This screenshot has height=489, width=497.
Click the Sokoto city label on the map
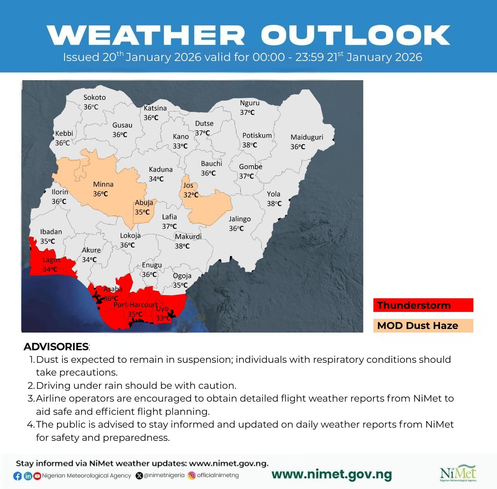tap(94, 97)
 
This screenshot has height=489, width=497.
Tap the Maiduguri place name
tap(307, 137)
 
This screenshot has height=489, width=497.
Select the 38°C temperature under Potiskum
tap(250, 145)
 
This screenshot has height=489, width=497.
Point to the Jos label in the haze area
tap(188, 185)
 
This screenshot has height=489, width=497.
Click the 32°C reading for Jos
tap(191, 195)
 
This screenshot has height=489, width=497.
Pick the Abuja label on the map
tap(144, 203)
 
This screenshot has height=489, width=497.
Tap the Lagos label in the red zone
tap(51, 260)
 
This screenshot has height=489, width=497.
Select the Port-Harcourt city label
tap(136, 305)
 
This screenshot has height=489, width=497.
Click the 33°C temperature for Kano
tap(180, 146)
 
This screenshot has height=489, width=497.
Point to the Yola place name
tap(273, 194)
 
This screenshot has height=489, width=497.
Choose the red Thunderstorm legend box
tap(423, 305)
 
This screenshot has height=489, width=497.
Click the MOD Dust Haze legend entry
tap(423, 325)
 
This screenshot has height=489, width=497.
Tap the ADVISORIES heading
tap(56, 346)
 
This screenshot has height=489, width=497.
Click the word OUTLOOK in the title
tap(355, 35)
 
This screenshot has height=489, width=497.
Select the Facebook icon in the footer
tap(17, 476)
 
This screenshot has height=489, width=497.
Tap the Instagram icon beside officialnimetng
tap(191, 475)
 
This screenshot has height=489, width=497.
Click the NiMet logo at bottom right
tap(458, 473)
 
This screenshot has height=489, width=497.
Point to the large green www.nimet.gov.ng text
tap(332, 474)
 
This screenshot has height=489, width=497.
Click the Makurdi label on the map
tap(188, 237)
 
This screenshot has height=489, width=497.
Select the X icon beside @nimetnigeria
tap(139, 475)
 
